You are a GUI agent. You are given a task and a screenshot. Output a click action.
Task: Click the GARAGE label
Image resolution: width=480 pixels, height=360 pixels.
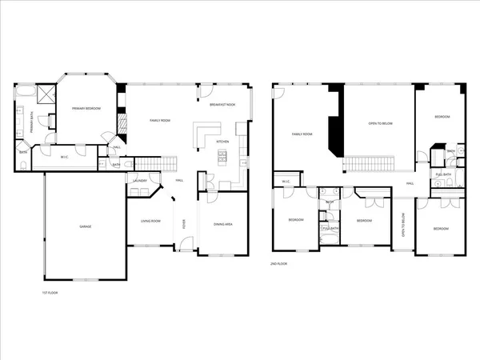(x=85, y=226)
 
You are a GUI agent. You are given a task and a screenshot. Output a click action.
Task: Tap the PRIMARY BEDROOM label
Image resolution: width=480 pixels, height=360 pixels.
(x=86, y=108)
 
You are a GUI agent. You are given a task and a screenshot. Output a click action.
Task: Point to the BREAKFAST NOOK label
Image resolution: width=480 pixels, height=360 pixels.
(x=222, y=105)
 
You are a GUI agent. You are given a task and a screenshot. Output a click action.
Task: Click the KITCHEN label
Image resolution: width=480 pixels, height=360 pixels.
(x=223, y=142)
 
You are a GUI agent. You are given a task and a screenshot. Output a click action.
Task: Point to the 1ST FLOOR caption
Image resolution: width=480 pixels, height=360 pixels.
(x=50, y=293)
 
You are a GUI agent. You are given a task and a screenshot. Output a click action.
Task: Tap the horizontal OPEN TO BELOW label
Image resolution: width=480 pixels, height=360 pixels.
(x=380, y=123)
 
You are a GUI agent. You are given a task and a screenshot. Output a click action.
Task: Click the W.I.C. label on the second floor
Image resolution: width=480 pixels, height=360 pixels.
(x=286, y=182)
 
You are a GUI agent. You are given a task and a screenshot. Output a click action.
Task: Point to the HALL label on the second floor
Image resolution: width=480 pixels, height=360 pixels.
(x=409, y=183)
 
